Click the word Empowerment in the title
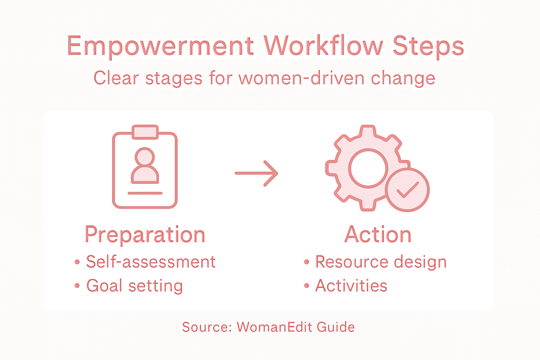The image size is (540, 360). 160,46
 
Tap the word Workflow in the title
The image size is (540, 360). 323,46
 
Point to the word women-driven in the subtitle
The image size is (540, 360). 302,78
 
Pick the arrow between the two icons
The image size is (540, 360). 257,173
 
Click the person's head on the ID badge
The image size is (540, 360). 145,156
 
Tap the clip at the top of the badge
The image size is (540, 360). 145,132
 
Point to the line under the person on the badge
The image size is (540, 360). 145,193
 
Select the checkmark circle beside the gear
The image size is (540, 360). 407,190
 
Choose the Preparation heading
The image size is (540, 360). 145,234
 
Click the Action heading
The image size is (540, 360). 378,234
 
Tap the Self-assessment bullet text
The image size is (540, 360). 151,262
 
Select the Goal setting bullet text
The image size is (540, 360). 135,286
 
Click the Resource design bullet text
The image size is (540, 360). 381,262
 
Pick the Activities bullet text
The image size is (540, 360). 351,286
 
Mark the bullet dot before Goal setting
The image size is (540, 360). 77,286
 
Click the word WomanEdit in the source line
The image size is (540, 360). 275,327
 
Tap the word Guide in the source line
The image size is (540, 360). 336,327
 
